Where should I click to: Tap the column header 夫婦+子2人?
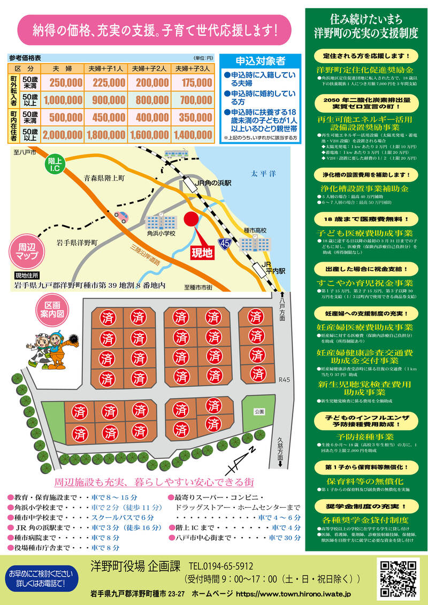tap(149, 69)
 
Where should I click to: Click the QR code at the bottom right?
tap(398, 578)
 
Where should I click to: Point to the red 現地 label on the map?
tap(202, 251)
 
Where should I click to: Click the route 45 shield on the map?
tap(225, 243)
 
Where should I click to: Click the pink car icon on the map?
tap(121, 217)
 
